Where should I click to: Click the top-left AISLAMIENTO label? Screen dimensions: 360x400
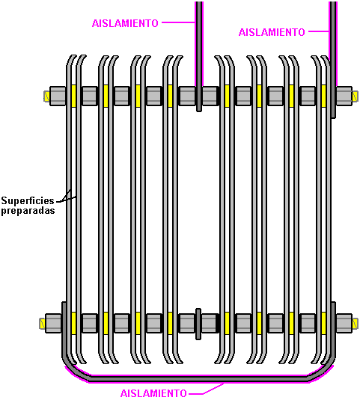tap(125, 23)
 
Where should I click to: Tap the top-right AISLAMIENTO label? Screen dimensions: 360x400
tap(272, 32)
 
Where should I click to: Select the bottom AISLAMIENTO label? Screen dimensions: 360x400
tap(153, 393)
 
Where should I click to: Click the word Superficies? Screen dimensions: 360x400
tap(28, 201)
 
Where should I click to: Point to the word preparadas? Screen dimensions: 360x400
tap(28, 210)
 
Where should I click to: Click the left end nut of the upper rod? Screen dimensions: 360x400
tap(58, 96)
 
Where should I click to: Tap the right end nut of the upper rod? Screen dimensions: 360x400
tap(344, 96)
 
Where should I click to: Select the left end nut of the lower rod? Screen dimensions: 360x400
tap(53, 323)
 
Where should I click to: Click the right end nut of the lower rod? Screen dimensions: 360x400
tap(344, 323)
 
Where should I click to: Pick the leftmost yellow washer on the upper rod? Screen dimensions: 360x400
tap(74, 96)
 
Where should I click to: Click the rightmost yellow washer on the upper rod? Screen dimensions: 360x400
tap(323, 96)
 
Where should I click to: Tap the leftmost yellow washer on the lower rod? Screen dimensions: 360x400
tap(74, 323)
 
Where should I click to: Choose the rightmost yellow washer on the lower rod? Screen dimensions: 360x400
tap(323, 323)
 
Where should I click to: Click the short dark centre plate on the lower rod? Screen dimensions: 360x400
tap(198, 324)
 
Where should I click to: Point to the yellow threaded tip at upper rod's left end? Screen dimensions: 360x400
tap(46, 96)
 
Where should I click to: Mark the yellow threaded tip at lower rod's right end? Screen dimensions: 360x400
tap(356, 324)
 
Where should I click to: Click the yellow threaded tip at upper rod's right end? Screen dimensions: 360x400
tap(356, 96)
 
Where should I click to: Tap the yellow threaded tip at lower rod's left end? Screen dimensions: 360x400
tap(43, 324)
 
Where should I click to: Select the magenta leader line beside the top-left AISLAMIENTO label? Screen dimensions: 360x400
tap(178, 22)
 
